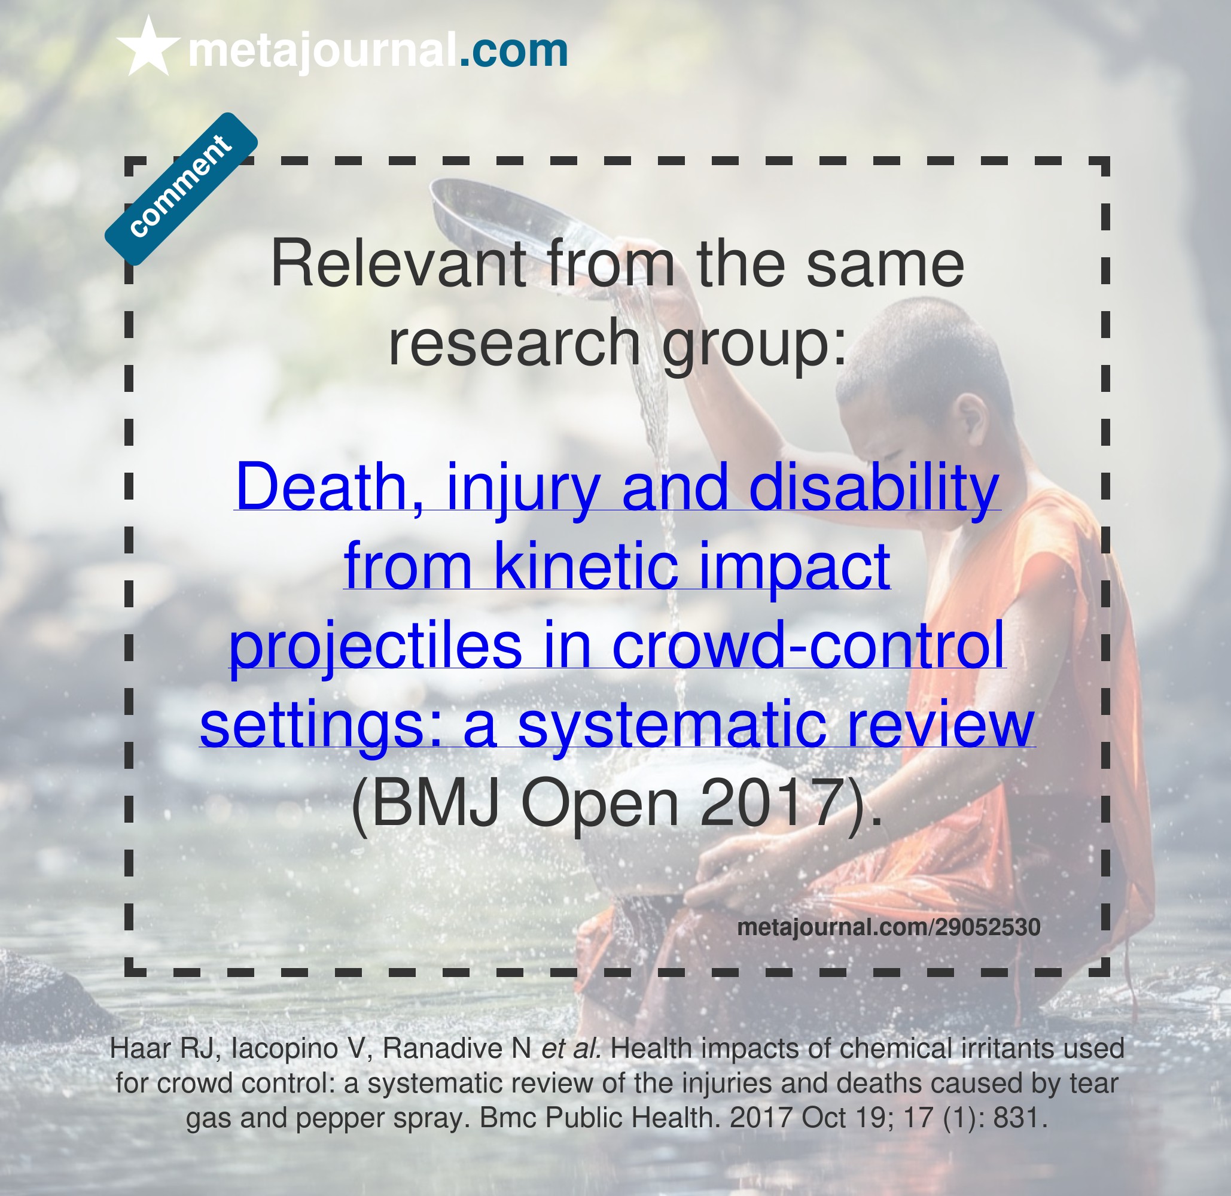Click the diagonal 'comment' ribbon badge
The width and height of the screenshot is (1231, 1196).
(181, 188)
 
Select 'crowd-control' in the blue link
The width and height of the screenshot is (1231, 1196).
(808, 644)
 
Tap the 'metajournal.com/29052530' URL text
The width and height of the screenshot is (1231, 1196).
(889, 927)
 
